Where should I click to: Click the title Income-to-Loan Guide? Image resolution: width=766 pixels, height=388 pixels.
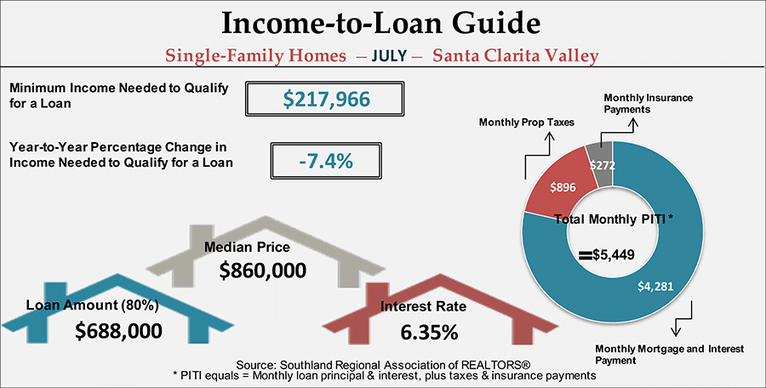(381, 24)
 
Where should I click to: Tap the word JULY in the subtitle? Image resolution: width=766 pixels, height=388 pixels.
(389, 55)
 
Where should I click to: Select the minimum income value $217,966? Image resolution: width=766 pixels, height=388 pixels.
(326, 100)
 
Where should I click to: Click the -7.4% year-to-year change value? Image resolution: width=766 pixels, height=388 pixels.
(326, 161)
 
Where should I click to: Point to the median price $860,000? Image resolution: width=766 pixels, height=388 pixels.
(263, 271)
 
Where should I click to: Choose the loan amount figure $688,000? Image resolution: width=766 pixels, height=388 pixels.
(118, 331)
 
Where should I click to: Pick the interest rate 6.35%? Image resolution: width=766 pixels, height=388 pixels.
(430, 333)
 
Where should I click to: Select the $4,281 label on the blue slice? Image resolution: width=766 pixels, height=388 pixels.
(655, 287)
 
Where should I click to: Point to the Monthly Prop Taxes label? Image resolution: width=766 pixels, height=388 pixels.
(527, 123)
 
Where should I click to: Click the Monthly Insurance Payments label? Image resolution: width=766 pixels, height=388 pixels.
(648, 104)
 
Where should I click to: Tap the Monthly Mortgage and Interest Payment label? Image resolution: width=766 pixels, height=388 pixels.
(669, 355)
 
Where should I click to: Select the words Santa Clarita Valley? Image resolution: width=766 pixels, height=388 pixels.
(516, 55)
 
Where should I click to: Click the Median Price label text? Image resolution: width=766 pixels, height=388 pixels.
(247, 248)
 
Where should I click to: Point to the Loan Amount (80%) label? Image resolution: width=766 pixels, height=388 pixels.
(92, 305)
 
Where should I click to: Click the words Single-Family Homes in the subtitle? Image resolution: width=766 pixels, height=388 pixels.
(255, 55)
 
